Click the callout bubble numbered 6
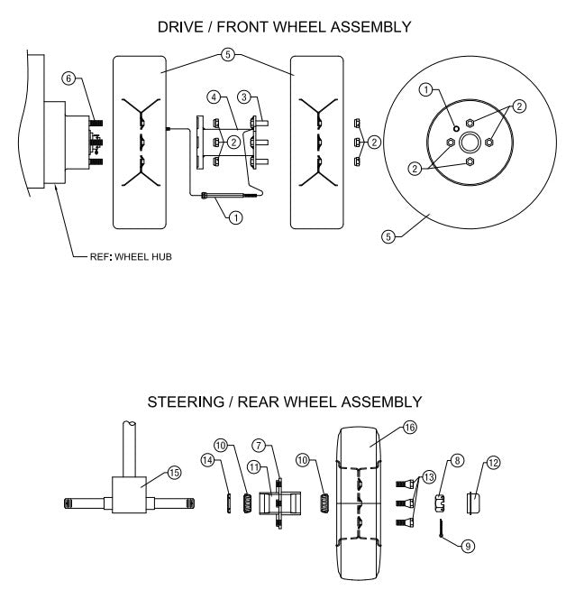click(68, 78)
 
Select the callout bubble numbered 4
click(213, 96)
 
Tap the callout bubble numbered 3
click(243, 96)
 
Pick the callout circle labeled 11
click(253, 466)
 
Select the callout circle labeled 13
click(427, 475)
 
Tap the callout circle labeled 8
click(457, 461)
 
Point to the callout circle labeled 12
click(493, 462)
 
